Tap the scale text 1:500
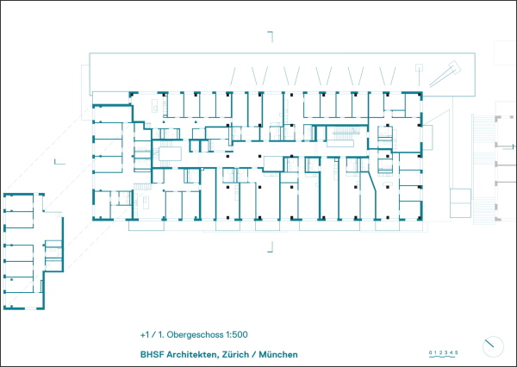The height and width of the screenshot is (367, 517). click(x=236, y=334)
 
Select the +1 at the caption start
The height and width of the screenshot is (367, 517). click(x=145, y=334)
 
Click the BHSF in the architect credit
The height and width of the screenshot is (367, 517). click(x=152, y=354)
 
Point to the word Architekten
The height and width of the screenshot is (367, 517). click(x=193, y=354)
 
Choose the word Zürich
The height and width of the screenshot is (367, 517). click(x=235, y=354)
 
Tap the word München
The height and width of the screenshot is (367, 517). click(x=278, y=354)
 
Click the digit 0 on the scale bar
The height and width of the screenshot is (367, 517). click(x=430, y=353)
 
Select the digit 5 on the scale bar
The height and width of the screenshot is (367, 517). click(x=457, y=353)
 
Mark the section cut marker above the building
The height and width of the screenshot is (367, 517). click(x=271, y=36)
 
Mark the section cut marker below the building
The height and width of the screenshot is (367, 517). click(x=271, y=247)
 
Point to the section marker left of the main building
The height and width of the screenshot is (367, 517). click(x=59, y=162)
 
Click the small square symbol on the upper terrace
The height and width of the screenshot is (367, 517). click(x=419, y=67)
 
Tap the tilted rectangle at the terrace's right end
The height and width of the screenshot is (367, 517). click(x=455, y=66)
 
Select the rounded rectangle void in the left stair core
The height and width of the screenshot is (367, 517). click(x=170, y=154)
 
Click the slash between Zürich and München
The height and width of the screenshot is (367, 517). click(x=254, y=354)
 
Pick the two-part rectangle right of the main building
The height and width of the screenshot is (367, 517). click(x=461, y=202)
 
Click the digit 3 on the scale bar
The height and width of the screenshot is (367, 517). click(x=446, y=353)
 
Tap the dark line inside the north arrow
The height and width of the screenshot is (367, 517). click(x=489, y=343)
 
